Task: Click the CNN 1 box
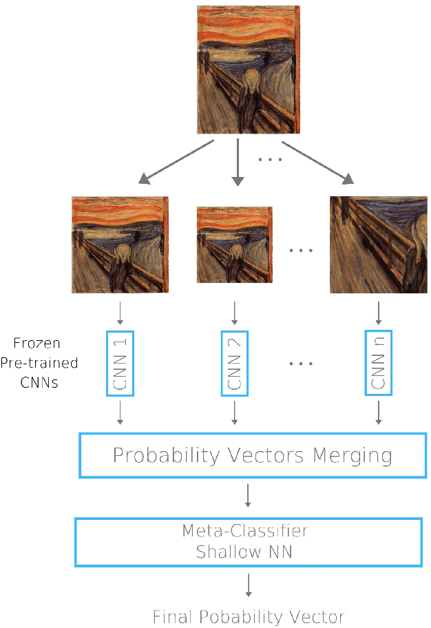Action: [120, 363]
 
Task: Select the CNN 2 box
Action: [235, 363]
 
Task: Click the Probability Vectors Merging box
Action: [253, 455]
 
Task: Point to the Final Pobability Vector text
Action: [248, 616]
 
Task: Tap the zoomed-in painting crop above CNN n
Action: [378, 244]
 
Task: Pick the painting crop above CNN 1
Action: [120, 244]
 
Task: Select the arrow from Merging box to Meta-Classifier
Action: [248, 495]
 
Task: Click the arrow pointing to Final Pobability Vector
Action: [248, 585]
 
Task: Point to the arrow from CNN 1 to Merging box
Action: [120, 412]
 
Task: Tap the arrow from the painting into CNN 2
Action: [235, 313]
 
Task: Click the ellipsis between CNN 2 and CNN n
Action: [301, 363]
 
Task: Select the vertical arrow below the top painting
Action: [238, 162]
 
